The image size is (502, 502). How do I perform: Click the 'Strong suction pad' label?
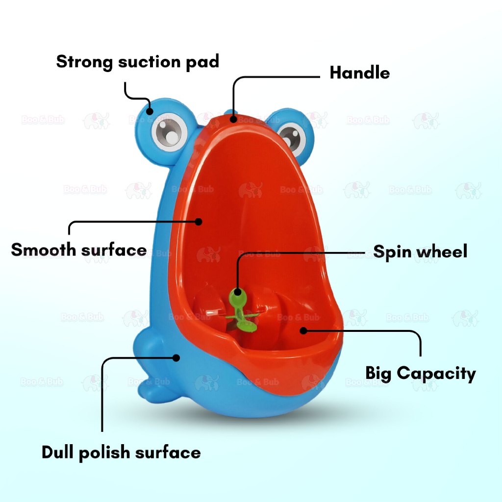137,62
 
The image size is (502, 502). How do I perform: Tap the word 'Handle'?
359,73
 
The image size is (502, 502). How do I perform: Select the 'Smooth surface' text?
79,250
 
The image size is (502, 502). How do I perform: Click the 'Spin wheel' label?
420,251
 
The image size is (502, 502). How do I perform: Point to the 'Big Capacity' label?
420,374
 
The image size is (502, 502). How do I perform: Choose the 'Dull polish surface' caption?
121,452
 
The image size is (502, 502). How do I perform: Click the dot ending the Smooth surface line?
199,222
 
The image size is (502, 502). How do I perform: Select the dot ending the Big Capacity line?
303,331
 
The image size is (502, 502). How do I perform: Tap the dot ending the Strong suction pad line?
151,111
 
